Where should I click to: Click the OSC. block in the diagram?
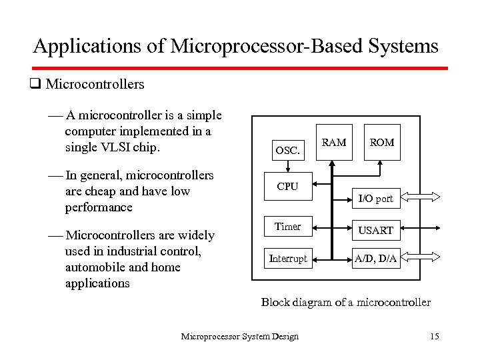289,149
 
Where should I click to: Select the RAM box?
334,142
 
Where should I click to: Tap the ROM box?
382,142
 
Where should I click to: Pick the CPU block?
287,187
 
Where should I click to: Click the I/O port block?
375,198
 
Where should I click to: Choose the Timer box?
287,227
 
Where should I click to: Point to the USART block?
376,230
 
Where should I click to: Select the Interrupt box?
287,259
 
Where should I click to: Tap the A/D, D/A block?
376,259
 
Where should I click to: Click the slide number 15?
435,336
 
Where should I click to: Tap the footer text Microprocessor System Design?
240,336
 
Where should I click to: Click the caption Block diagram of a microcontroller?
345,302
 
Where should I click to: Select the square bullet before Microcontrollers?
36,85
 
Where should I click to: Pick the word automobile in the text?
96,267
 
